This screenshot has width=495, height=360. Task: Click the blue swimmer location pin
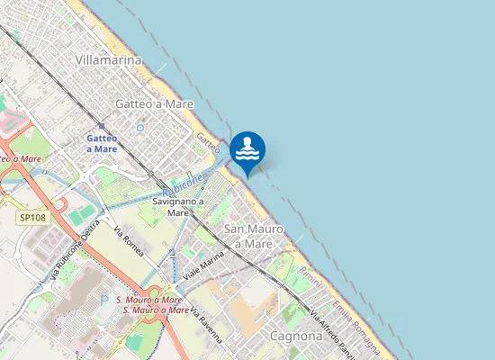[247, 151]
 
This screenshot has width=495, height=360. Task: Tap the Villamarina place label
[108, 60]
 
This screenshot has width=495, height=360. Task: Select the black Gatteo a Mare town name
[155, 104]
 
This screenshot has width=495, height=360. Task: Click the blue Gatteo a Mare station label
[102, 143]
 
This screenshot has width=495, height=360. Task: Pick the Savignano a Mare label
[178, 207]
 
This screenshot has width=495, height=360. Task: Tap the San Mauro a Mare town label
[248, 236]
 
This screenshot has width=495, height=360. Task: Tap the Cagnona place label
[296, 336]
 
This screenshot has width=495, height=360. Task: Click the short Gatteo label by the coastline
[208, 141]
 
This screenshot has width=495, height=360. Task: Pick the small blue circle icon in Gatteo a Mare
[140, 127]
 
